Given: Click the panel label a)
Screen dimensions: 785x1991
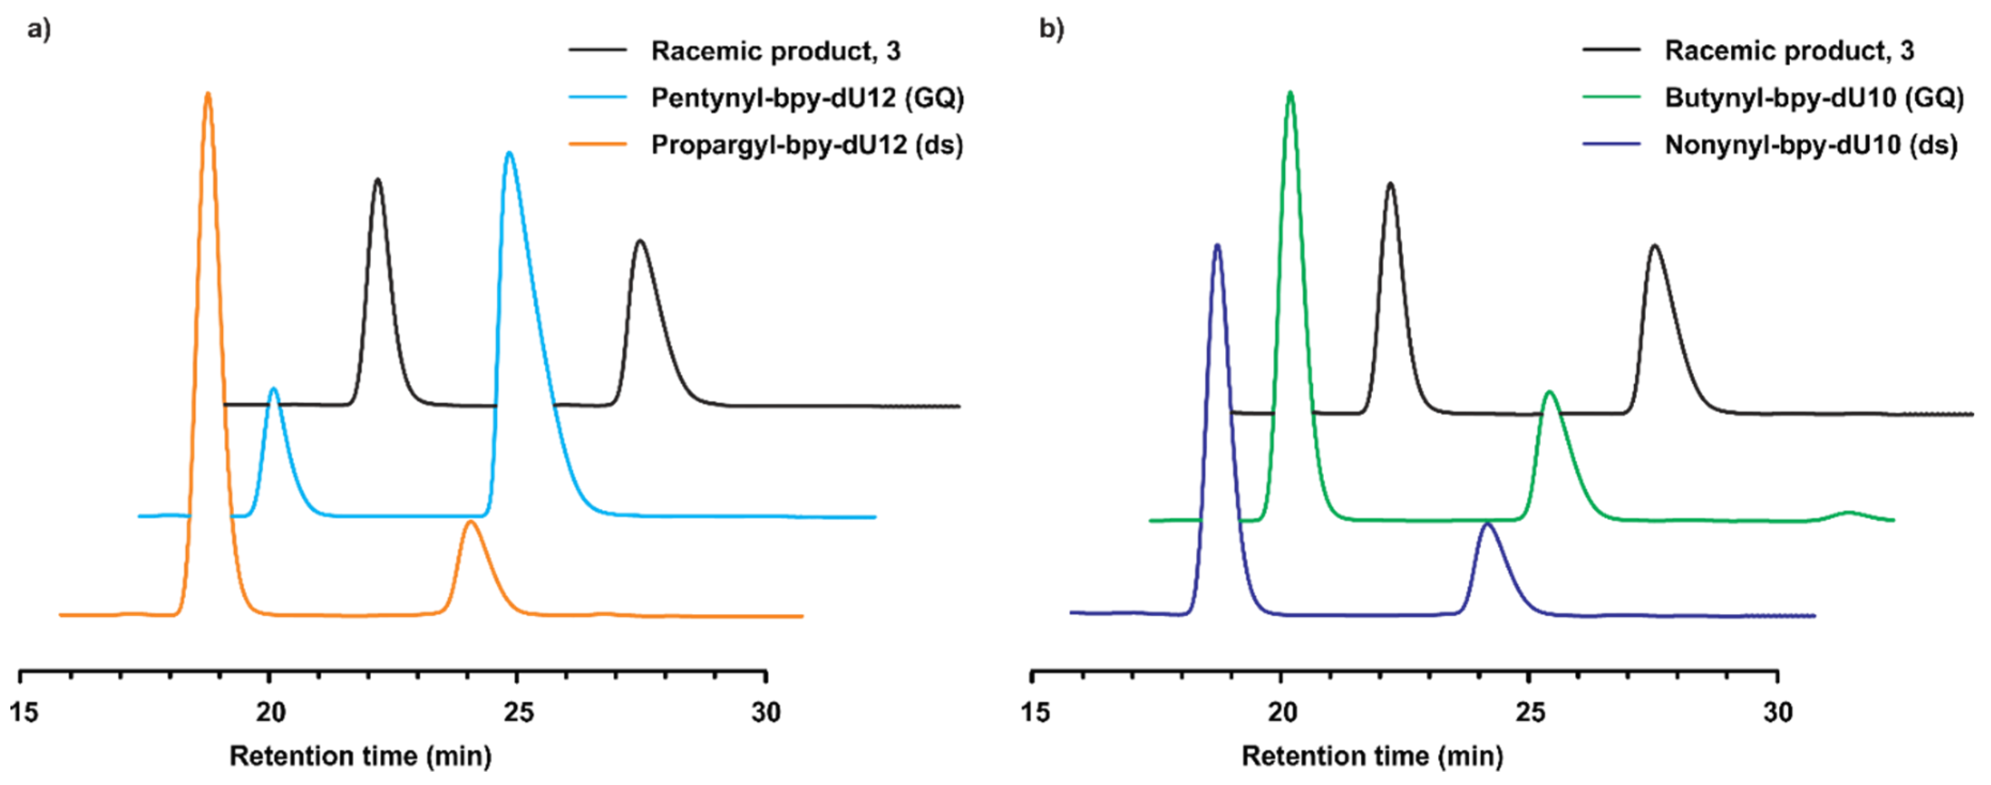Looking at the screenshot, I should point(38,30).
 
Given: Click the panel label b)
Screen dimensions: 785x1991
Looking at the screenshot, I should point(1051,30).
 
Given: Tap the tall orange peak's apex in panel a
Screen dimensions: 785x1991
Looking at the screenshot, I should point(207,94).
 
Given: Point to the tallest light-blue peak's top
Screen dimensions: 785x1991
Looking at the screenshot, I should point(508,154).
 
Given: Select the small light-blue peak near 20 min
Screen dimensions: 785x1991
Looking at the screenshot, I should point(273,390).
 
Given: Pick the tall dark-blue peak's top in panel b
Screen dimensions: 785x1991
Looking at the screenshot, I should point(1217,246).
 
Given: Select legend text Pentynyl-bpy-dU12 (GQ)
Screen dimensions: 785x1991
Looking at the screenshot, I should point(807,98).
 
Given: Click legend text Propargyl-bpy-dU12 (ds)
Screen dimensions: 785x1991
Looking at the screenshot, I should point(807,145).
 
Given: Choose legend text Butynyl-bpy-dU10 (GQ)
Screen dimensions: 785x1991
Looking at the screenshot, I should point(1814,98).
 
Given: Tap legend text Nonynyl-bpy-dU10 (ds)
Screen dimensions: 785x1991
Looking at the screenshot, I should point(1811,145).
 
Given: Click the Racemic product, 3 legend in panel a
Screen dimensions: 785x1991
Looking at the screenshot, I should point(775,51).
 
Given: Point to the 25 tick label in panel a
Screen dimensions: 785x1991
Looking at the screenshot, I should point(518,712).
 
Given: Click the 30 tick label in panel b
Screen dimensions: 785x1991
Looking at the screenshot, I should point(1778,712).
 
